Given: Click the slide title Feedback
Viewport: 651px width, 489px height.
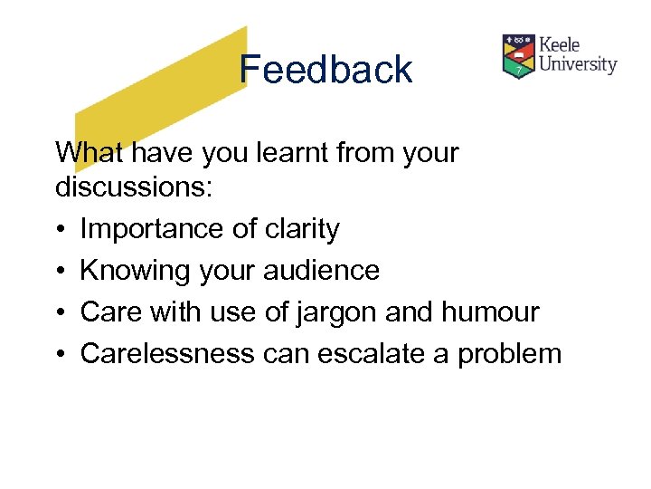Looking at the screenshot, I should pos(325,70).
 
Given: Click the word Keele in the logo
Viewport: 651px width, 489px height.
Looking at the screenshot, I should pos(561,44).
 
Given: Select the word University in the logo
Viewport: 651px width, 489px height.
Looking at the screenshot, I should pos(578,64).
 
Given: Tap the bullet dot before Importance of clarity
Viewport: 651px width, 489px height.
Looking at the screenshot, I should pos(61,230).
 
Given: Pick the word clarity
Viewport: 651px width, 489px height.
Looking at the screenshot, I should pos(301,229).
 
